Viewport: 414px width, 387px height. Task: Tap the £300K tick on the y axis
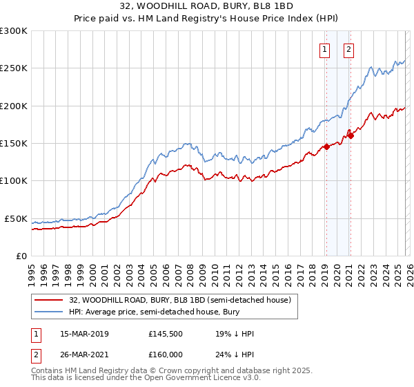pyautogui.click(x=14, y=31)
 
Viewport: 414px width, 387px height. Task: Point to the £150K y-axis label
pyautogui.click(x=14, y=144)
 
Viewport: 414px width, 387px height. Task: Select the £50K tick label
pyautogui.click(x=16, y=218)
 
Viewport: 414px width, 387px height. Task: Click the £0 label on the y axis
pyautogui.click(x=21, y=256)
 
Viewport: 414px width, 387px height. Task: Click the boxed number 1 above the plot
pyautogui.click(x=324, y=49)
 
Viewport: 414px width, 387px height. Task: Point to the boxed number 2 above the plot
pyautogui.click(x=349, y=49)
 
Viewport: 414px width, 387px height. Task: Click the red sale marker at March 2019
pyautogui.click(x=326, y=147)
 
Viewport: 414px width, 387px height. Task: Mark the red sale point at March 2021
pyautogui.click(x=351, y=135)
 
